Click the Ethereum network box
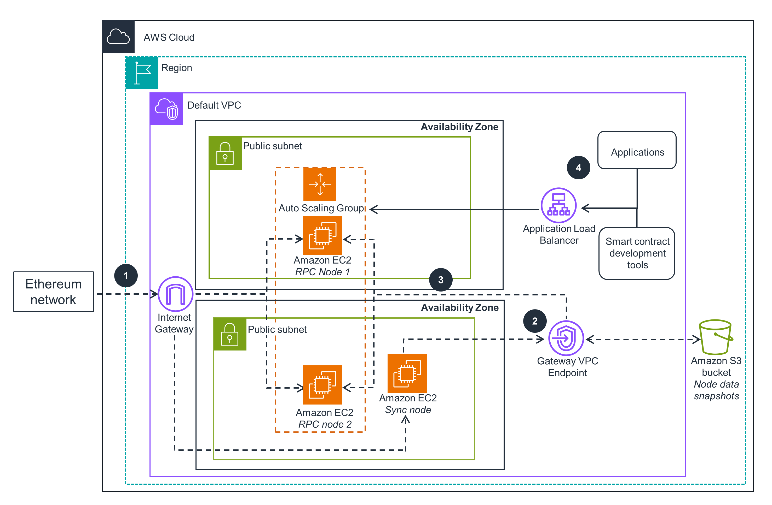click(54, 292)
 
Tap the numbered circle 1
click(126, 276)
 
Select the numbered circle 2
click(534, 321)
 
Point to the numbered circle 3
click(441, 280)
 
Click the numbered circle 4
click(578, 168)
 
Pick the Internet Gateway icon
click(175, 294)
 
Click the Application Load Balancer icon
click(558, 205)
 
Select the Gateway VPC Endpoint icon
click(566, 338)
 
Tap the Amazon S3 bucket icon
click(716, 337)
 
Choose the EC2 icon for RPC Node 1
click(322, 235)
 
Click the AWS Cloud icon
click(118, 37)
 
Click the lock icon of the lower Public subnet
click(230, 334)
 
